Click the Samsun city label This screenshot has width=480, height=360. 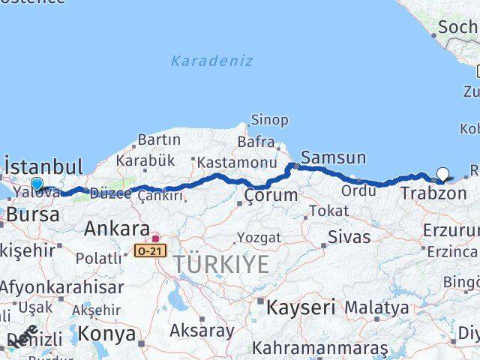click(x=334, y=158)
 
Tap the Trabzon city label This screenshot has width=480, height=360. click(x=433, y=193)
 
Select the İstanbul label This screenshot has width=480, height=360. click(x=43, y=166)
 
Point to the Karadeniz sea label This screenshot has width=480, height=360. click(x=211, y=61)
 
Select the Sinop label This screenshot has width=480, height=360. click(x=268, y=120)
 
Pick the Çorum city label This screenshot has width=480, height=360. click(x=271, y=196)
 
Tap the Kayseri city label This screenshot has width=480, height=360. click(x=301, y=307)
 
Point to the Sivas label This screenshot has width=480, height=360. click(x=349, y=237)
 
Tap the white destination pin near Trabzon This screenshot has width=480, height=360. click(x=442, y=174)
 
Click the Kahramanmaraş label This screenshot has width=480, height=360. click(x=320, y=349)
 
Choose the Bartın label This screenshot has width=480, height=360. click(x=159, y=139)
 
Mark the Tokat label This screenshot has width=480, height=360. click(x=328, y=211)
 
